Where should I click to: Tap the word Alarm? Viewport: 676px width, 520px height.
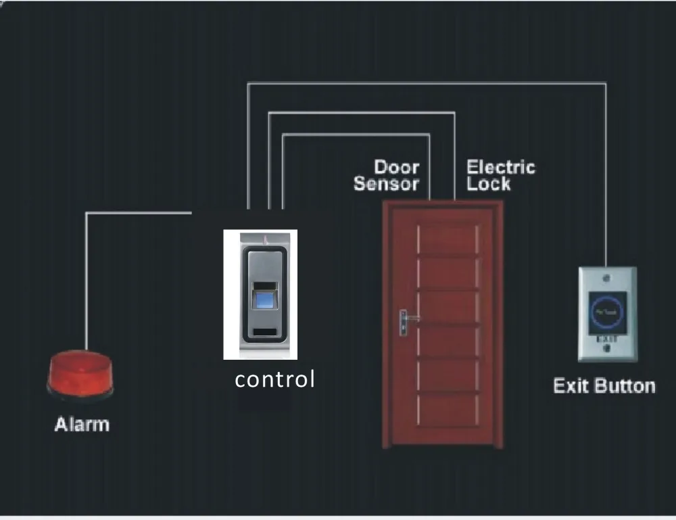[x=81, y=425]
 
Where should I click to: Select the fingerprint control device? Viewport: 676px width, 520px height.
[x=261, y=295]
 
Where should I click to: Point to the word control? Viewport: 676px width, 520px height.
[x=274, y=379]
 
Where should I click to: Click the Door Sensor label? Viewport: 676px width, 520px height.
[x=387, y=174]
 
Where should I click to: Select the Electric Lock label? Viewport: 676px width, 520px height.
[x=500, y=174]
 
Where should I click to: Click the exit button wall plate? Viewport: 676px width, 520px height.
[x=607, y=314]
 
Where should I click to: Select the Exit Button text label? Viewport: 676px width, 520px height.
[x=604, y=386]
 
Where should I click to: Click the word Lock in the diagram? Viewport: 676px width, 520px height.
[x=489, y=183]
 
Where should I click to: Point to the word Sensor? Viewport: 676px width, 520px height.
[x=387, y=183]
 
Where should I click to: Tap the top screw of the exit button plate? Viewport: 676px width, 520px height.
[x=608, y=277]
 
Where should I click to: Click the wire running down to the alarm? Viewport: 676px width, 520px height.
[x=87, y=284]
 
